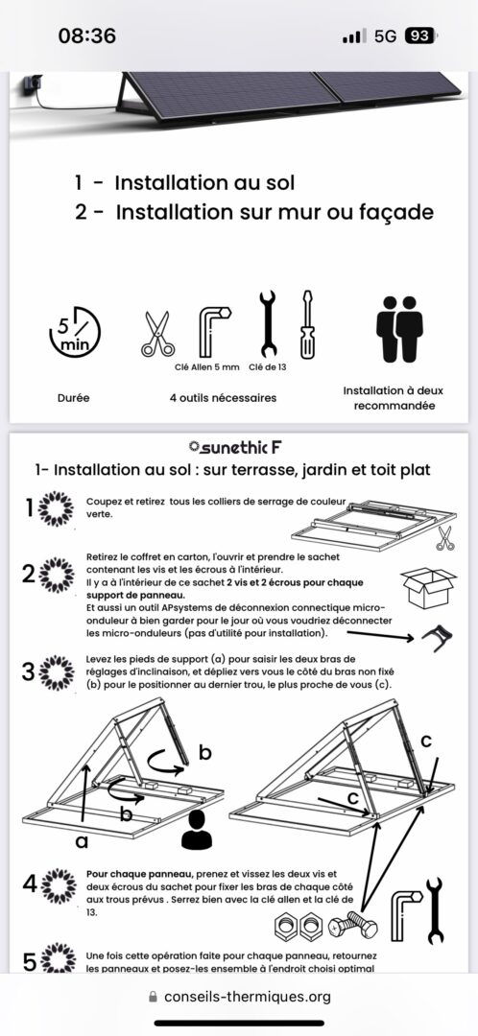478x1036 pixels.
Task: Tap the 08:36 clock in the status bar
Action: (86, 35)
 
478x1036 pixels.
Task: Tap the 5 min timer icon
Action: (75, 332)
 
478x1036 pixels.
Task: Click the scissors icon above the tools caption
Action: (158, 334)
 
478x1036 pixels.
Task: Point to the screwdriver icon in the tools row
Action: (307, 324)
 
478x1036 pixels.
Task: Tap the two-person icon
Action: (399, 329)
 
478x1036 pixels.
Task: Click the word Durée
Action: (73, 398)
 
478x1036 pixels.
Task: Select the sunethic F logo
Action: (235, 448)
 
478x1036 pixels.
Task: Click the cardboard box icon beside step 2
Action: (428, 587)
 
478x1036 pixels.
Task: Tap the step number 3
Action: (28, 671)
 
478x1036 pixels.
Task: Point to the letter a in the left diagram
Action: (83, 841)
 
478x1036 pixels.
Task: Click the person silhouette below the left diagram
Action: (197, 830)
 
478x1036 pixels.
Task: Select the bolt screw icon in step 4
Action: (352, 926)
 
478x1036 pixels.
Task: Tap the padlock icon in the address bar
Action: (154, 997)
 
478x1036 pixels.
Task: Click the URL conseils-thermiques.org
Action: (248, 997)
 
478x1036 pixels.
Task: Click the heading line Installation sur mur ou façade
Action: (253, 213)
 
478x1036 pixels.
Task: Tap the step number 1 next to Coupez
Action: (29, 507)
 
